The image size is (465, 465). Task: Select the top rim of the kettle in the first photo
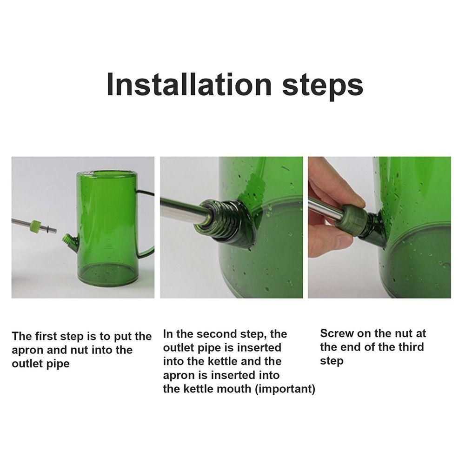click(x=106, y=173)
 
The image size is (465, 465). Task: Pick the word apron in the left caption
click(x=27, y=350)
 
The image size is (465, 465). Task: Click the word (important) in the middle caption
click(x=285, y=389)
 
